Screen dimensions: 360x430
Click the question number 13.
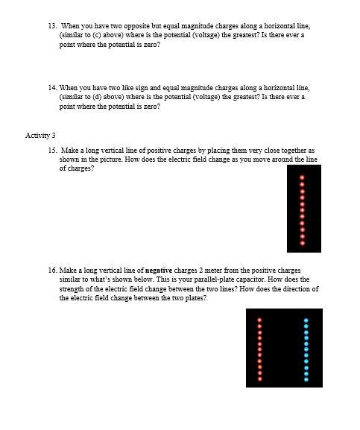coord(51,25)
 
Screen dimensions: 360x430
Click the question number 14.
coord(51,87)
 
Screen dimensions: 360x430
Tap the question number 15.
coord(51,150)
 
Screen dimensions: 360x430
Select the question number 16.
coord(51,270)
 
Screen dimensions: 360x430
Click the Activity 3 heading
coord(40,135)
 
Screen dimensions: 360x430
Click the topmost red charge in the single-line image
coord(302,177)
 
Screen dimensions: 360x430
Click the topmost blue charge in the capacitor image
coord(306,320)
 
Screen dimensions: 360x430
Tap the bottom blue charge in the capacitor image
coord(306,379)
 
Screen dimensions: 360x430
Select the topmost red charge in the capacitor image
coord(259,320)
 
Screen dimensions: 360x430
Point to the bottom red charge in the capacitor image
coord(259,379)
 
